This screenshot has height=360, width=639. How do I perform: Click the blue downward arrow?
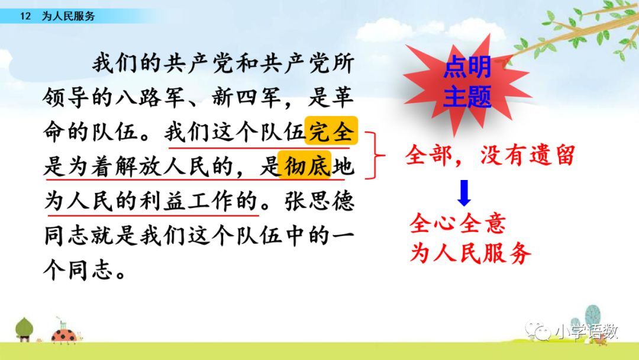coord(464,193)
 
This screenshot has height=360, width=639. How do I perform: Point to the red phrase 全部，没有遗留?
coord(490,155)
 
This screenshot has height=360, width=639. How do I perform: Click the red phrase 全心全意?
coord(457,223)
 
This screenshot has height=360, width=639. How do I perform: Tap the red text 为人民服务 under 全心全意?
coord(470,252)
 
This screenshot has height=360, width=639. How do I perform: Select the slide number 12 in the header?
coord(25,17)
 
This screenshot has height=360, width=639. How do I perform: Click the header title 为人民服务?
coord(69,17)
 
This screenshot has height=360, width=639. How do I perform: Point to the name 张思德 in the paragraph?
coord(319,201)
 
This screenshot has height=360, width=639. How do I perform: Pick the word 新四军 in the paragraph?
coord(247,98)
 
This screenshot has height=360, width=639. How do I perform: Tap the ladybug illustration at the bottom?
coord(65,334)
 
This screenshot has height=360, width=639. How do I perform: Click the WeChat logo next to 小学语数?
coord(538,331)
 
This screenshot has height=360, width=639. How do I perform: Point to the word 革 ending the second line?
coord(343,98)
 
